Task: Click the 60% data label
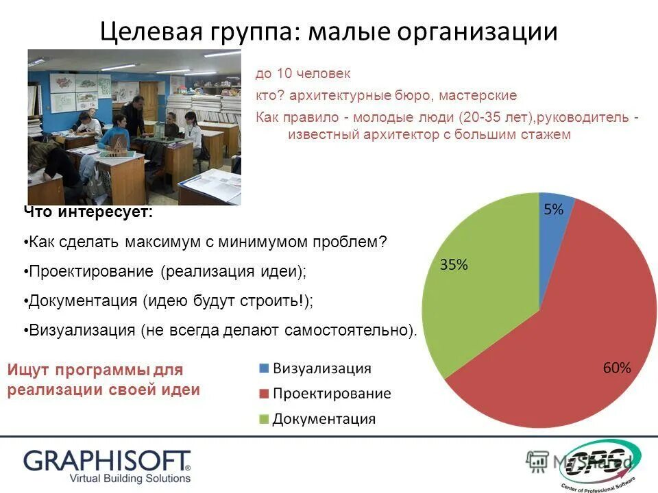click(616, 368)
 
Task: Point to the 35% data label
click(454, 265)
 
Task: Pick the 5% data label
click(554, 210)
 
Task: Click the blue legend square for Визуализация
click(264, 368)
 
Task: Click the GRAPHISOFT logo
click(107, 461)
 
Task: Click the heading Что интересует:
click(88, 213)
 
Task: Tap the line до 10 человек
click(303, 73)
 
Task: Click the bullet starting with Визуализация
click(221, 330)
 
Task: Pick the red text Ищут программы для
click(95, 370)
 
